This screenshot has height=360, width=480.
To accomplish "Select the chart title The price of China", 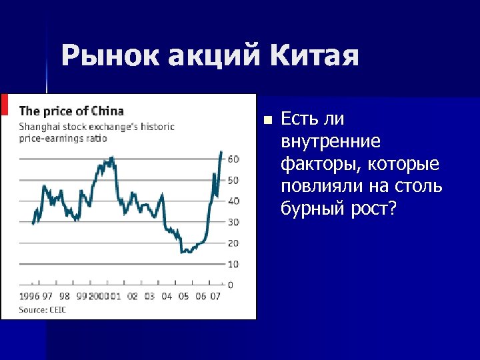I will point(71,111).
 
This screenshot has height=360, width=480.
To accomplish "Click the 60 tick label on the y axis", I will point(233,159).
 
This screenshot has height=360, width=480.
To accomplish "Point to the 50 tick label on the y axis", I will point(233,181).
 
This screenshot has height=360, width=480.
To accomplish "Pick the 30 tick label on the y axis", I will point(233,222).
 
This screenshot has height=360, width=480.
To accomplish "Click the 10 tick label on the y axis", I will point(233,265).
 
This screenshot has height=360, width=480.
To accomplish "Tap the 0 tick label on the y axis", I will point(231,285).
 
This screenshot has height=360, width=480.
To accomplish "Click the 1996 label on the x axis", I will point(29,297).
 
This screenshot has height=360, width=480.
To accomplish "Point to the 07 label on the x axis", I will point(215,297).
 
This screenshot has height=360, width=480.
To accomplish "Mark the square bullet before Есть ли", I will point(267,121).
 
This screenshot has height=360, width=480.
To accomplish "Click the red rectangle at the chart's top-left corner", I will point(5,105).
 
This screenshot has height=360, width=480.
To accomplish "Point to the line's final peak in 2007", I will point(221,152).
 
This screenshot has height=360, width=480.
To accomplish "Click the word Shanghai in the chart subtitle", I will point(38,126).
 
